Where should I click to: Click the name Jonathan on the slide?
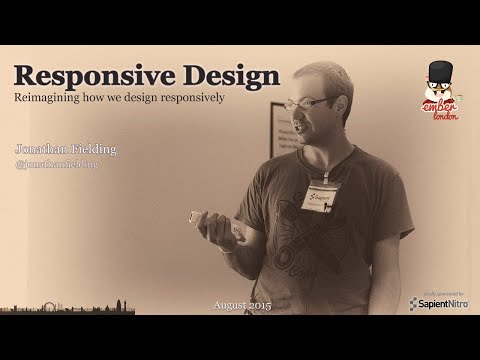pos(39,149)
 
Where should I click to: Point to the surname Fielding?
pos(92,149)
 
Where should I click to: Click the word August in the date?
pos(229,303)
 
